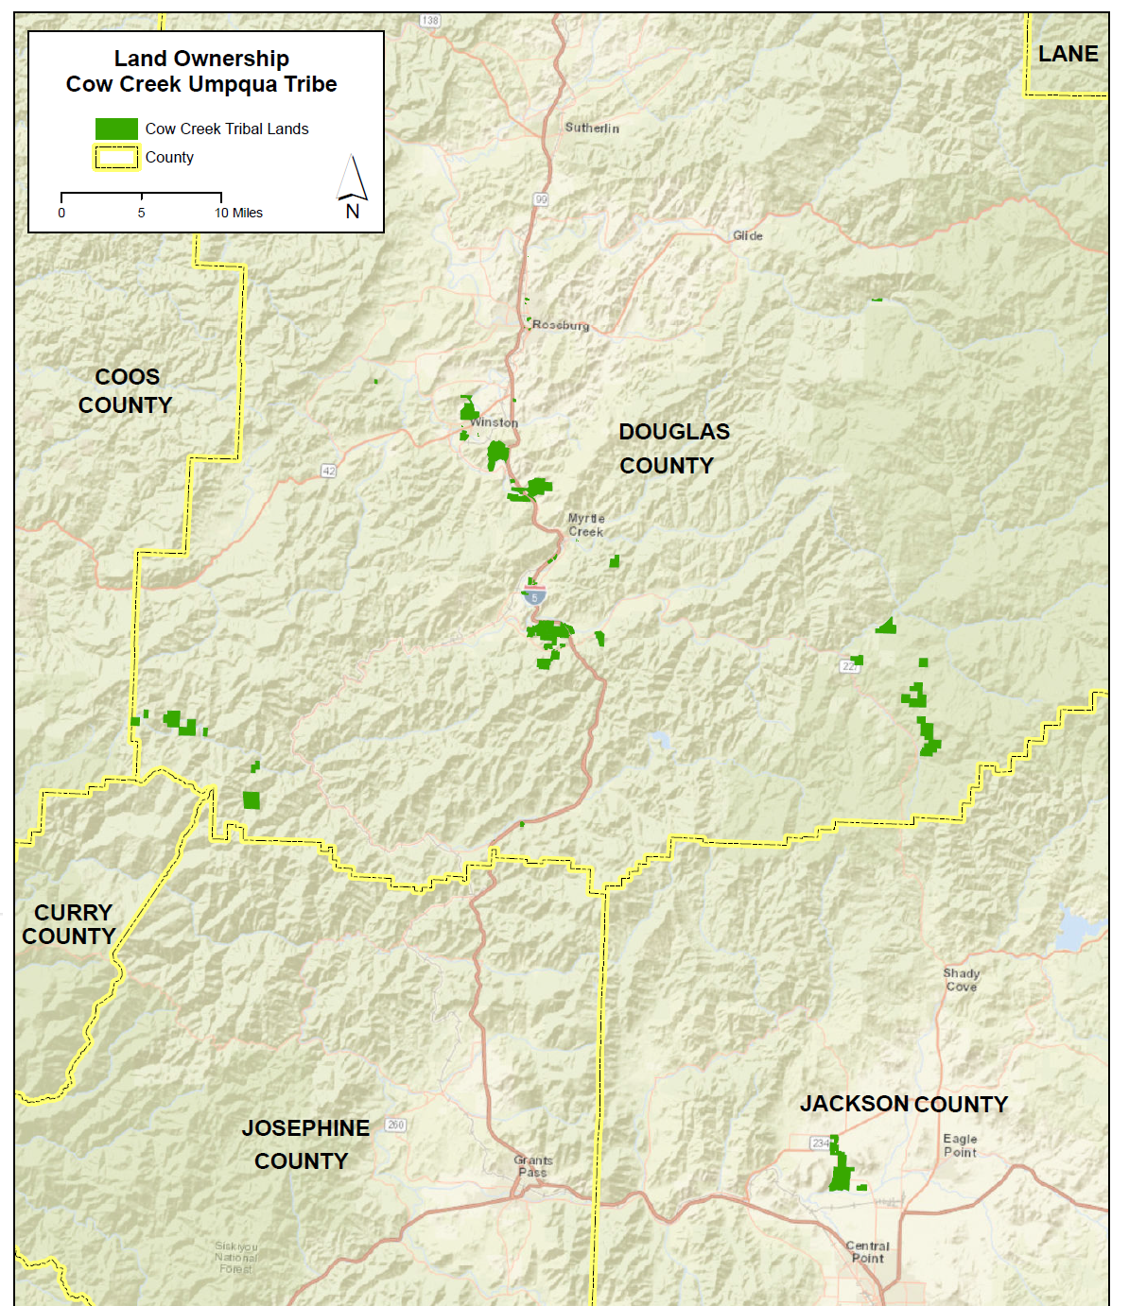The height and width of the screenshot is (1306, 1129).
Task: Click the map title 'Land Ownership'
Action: (x=201, y=59)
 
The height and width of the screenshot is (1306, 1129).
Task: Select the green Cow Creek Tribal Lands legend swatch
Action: (x=116, y=129)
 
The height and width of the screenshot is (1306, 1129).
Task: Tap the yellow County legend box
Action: (x=116, y=158)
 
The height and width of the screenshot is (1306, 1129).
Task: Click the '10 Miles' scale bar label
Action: (x=238, y=213)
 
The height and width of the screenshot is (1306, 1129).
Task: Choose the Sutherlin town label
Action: (x=592, y=128)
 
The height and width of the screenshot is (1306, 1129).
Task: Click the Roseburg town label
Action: (x=561, y=325)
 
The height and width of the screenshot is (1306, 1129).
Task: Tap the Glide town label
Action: (x=747, y=235)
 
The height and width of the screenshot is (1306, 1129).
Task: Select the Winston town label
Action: (x=495, y=422)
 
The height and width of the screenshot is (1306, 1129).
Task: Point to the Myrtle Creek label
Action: (x=586, y=525)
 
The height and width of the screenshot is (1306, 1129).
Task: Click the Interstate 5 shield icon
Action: (x=534, y=595)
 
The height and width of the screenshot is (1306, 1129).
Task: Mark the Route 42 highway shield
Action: (x=329, y=471)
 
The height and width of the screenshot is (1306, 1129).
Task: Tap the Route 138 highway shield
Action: (x=430, y=20)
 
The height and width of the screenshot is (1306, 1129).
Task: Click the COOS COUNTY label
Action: (x=126, y=391)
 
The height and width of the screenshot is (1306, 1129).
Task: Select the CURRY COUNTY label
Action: (x=70, y=924)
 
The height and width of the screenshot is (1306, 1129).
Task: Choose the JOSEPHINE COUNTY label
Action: (x=304, y=1144)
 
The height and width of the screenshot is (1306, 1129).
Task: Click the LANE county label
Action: (x=1068, y=54)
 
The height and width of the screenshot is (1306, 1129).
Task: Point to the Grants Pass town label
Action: (x=532, y=1166)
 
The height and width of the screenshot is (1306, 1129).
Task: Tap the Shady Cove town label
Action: (x=961, y=980)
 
